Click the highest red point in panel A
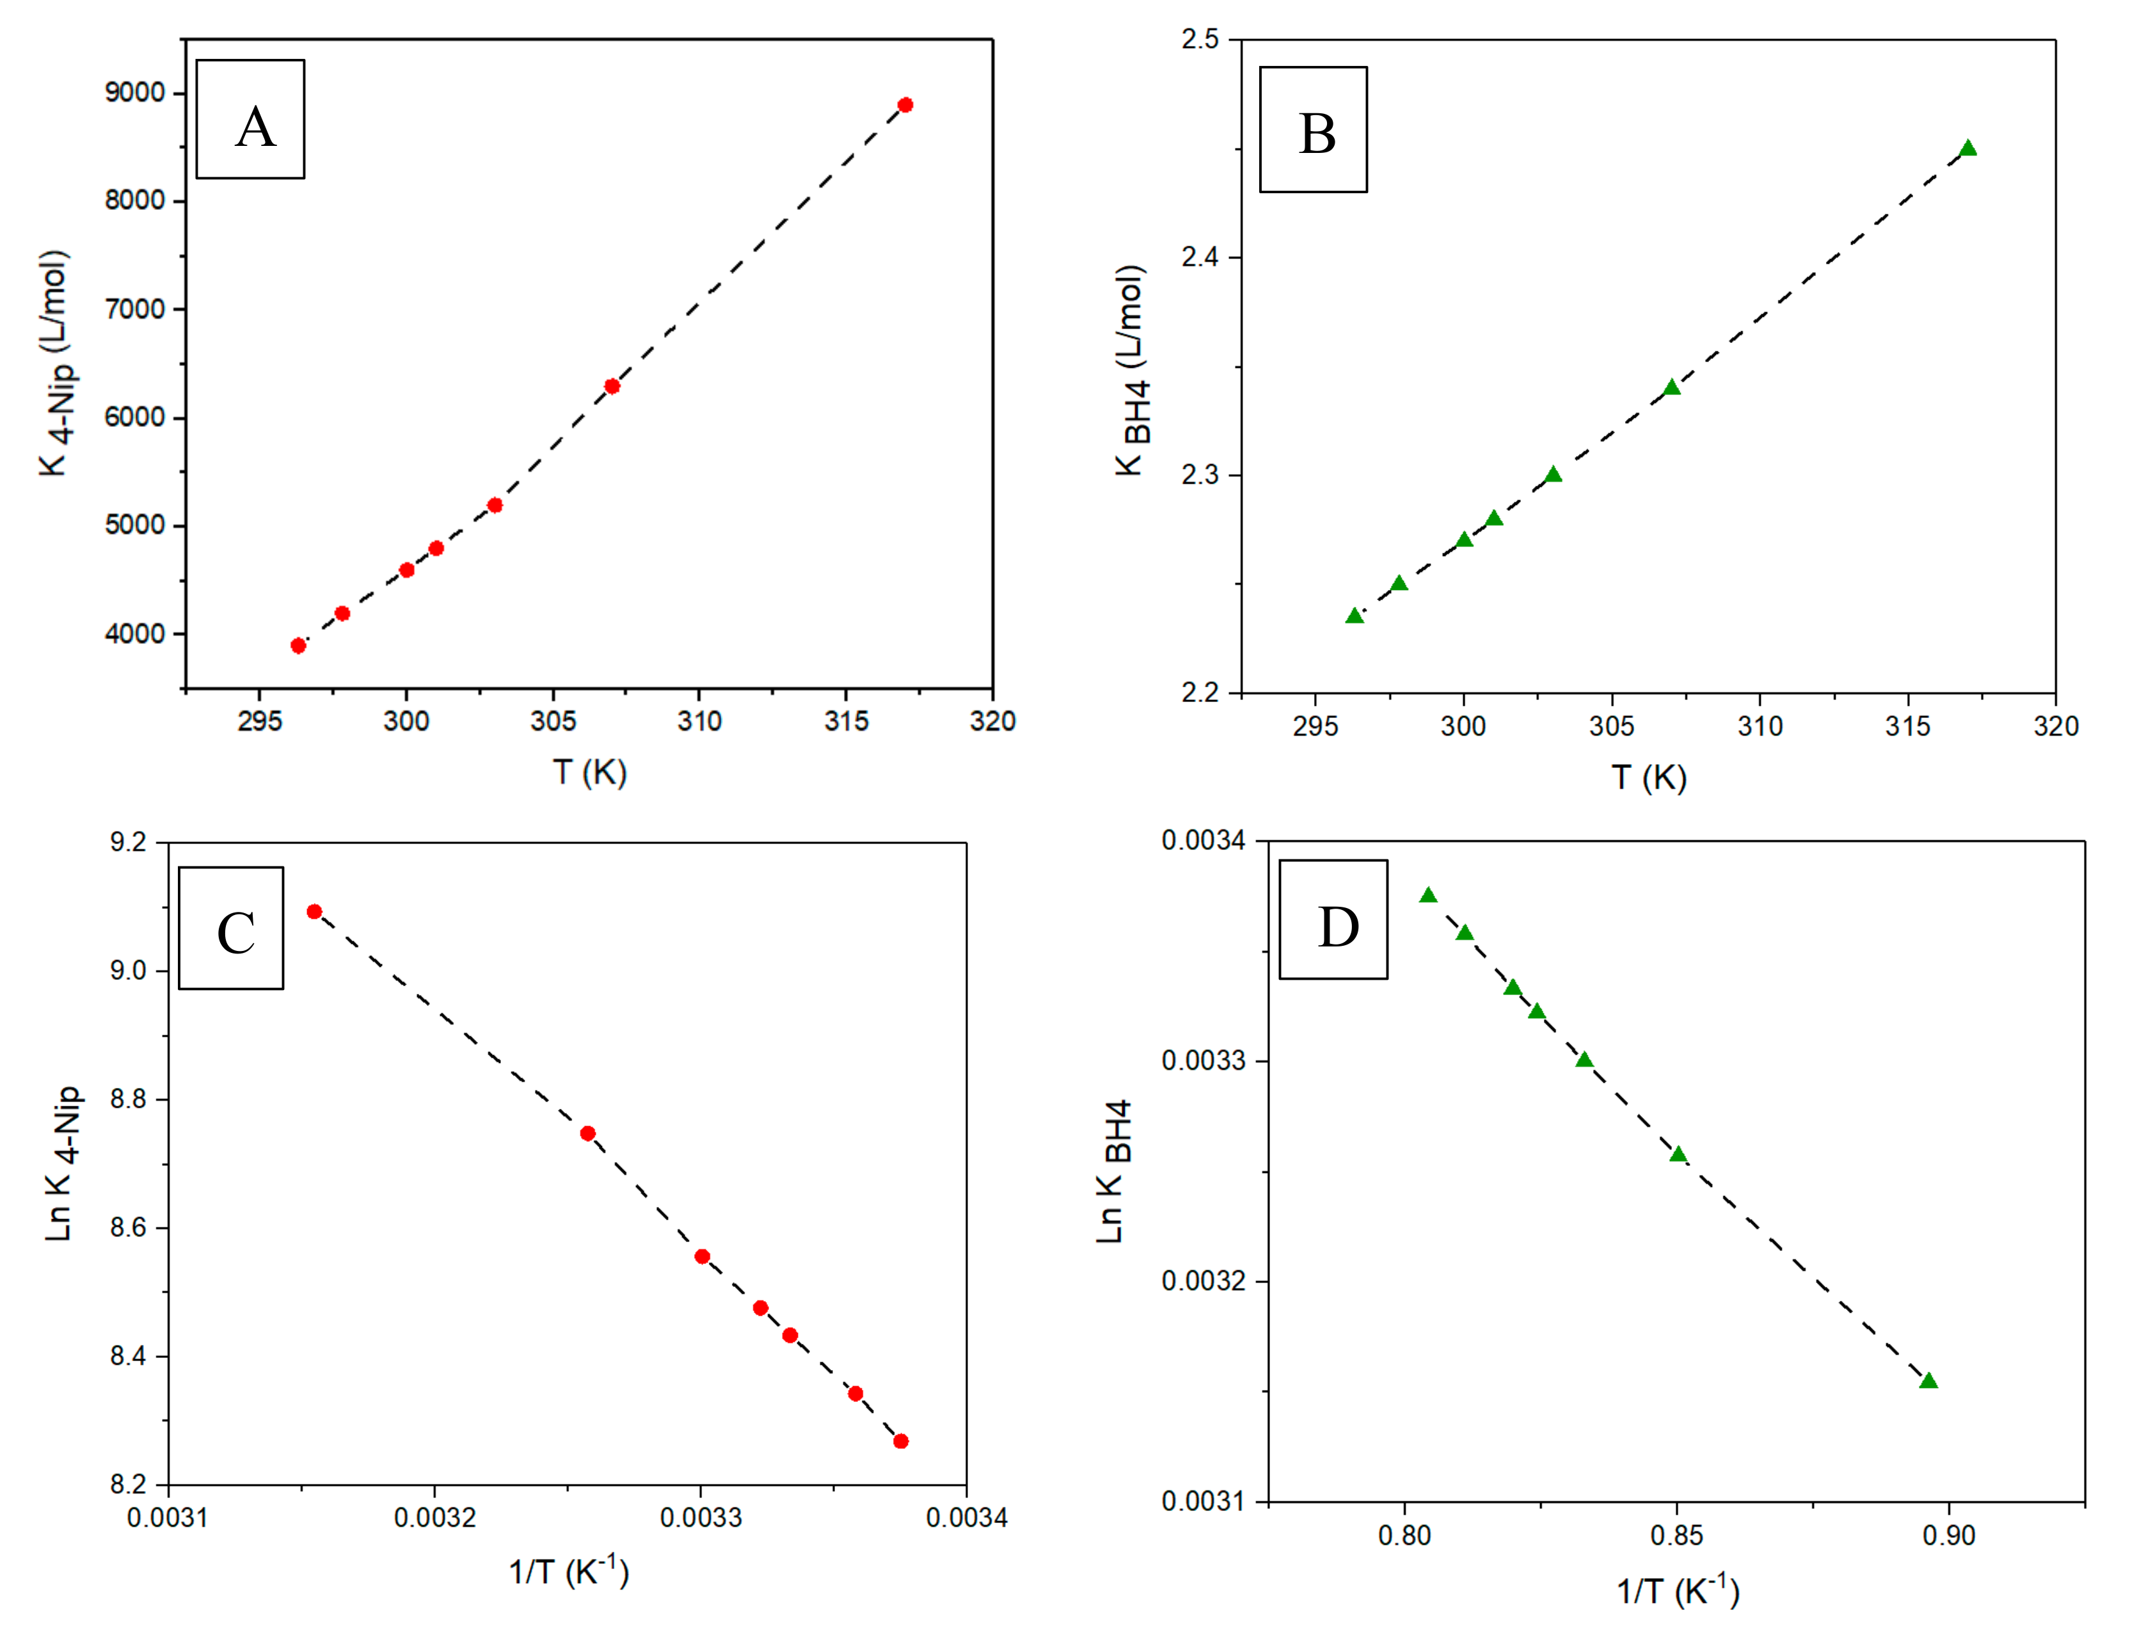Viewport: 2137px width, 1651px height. point(905,105)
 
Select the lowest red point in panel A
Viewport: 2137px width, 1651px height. point(298,646)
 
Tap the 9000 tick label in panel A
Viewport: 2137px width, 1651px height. point(135,93)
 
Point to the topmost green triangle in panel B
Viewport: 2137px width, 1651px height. point(1967,148)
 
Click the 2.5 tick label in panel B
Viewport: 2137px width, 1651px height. point(1200,39)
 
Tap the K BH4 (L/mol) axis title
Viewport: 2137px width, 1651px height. point(1132,370)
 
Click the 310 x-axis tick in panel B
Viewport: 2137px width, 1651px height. point(1760,726)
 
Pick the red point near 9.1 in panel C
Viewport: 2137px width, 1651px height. point(314,911)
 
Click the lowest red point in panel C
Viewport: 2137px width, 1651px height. point(901,1440)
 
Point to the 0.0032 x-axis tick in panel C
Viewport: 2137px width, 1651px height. point(434,1518)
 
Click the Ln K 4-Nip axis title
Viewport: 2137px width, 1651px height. point(61,1163)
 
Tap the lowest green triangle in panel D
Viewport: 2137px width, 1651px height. point(1928,1381)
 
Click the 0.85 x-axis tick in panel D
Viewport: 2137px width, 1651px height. point(1676,1536)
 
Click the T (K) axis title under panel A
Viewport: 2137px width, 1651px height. point(589,772)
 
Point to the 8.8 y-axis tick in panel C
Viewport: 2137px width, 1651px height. point(127,1099)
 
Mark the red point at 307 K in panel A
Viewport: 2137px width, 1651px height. point(612,387)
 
